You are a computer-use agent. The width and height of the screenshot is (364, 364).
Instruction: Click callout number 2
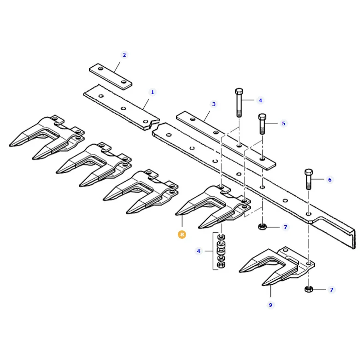click(x=124, y=55)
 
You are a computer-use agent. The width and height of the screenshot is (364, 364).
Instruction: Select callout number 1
click(x=153, y=92)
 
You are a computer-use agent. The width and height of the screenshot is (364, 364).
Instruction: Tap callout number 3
click(x=214, y=104)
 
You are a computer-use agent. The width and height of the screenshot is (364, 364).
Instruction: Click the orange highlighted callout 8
click(x=182, y=235)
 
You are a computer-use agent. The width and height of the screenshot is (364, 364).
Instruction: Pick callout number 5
click(x=283, y=123)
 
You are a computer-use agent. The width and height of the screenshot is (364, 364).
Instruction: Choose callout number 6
click(x=329, y=179)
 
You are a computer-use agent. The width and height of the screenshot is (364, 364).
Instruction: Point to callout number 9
click(x=270, y=305)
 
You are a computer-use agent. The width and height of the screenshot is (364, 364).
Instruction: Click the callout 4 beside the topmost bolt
click(x=260, y=100)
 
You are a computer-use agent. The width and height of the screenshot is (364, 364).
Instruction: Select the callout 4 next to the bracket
click(x=199, y=251)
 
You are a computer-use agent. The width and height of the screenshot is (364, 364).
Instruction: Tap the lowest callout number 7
click(x=331, y=290)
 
